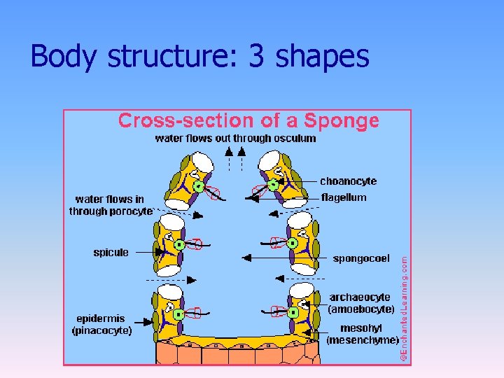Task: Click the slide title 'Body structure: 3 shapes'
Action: click(x=199, y=56)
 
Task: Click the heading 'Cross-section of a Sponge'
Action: click(x=248, y=121)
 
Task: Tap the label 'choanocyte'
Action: click(x=348, y=181)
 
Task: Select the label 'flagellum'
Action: click(x=344, y=197)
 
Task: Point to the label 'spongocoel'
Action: click(x=361, y=258)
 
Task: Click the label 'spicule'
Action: click(x=111, y=252)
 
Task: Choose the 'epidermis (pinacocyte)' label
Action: click(x=101, y=324)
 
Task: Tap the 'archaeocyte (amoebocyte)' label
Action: click(x=361, y=303)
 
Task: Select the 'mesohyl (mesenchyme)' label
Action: click(x=362, y=334)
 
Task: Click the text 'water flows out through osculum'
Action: click(x=235, y=138)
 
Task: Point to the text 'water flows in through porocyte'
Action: click(x=110, y=205)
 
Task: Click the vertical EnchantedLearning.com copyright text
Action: click(x=405, y=308)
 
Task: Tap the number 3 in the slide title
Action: click(x=256, y=56)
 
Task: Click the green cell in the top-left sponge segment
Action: click(x=199, y=186)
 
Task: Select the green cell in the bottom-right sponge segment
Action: click(x=293, y=312)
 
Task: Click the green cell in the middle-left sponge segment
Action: click(x=179, y=245)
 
